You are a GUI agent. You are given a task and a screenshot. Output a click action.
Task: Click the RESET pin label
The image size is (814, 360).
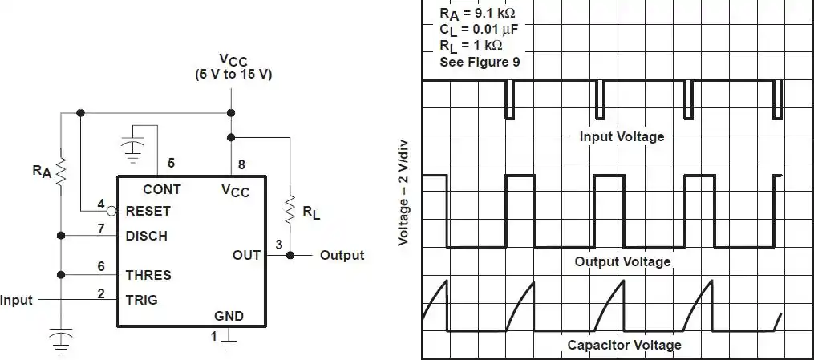(148, 212)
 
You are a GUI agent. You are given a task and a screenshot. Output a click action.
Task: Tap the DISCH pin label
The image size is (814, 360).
(147, 236)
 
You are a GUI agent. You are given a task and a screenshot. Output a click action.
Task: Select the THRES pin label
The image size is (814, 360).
(148, 275)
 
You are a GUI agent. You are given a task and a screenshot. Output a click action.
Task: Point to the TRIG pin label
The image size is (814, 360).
(142, 300)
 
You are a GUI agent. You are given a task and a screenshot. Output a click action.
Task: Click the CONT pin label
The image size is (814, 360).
(161, 190)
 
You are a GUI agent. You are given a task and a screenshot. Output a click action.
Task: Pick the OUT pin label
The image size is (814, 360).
(246, 255)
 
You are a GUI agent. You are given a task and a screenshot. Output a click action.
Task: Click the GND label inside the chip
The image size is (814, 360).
(229, 316)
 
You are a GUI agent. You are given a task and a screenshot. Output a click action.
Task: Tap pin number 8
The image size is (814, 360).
(241, 165)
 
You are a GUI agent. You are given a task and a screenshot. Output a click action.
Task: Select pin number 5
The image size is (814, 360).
(171, 164)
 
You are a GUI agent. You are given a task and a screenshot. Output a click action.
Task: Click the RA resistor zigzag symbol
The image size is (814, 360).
(61, 173)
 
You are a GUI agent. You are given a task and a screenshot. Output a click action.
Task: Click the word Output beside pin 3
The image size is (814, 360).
(342, 255)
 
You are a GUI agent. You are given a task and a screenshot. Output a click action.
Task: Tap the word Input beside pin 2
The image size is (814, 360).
(17, 300)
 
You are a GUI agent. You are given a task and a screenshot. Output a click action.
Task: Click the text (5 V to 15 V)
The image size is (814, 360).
(233, 75)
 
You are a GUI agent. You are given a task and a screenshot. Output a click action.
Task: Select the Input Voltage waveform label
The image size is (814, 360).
(622, 136)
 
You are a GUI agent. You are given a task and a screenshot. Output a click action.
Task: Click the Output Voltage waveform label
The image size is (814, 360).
(622, 261)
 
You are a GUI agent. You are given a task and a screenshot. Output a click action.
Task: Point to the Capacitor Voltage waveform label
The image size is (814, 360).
(624, 345)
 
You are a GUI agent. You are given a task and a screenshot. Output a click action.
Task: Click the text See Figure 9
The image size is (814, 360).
(480, 62)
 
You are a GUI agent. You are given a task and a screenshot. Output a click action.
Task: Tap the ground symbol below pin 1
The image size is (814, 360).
(229, 345)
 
